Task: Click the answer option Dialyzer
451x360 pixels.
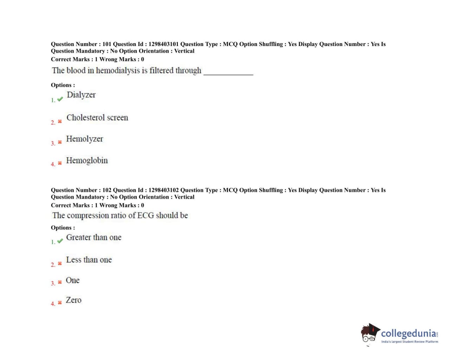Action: coord(81,95)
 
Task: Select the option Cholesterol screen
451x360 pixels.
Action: coord(97,118)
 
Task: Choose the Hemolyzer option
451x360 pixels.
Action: coord(85,139)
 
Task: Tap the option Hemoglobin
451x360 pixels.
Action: coord(87,161)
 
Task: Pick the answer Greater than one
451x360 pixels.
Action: coord(94,237)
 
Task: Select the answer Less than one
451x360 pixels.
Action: coord(89,260)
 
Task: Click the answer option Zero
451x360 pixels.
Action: coord(73,300)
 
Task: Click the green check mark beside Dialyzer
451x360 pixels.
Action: coord(60,99)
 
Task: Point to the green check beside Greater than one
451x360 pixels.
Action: coord(60,241)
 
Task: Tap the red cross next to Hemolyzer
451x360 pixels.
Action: coord(60,142)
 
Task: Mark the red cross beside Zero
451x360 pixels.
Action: coord(60,302)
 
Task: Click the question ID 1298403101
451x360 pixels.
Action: coord(163,44)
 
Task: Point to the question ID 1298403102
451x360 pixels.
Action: coord(163,190)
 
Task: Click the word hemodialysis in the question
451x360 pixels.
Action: coord(118,71)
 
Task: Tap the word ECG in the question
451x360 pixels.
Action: coord(145,215)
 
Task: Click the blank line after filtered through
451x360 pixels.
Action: coord(228,73)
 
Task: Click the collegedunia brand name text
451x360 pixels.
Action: coord(409,333)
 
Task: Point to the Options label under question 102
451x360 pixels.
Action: coord(63,228)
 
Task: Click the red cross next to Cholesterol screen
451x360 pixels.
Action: coord(60,122)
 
